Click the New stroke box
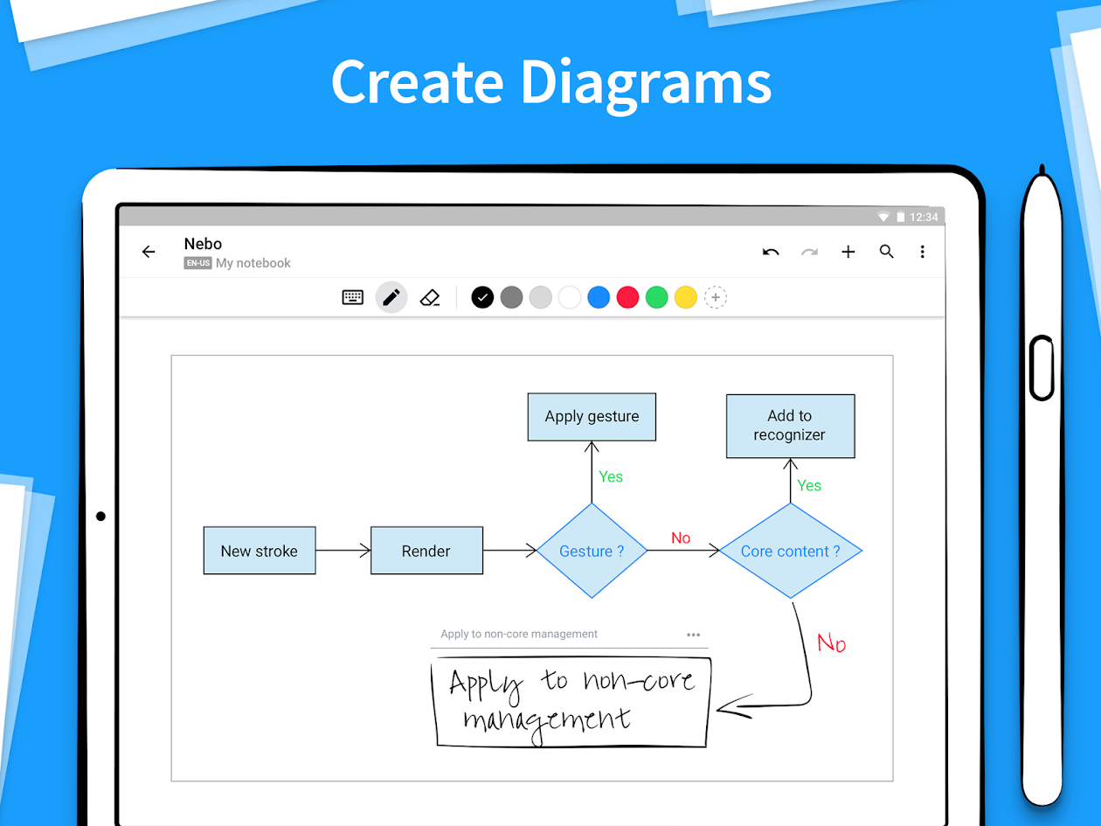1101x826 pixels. pyautogui.click(x=259, y=551)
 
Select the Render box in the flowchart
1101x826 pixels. pyautogui.click(x=426, y=551)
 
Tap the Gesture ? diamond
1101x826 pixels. pyautogui.click(x=592, y=551)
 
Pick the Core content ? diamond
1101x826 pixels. pyautogui.click(x=790, y=551)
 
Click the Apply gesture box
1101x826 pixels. pyautogui.click(x=592, y=417)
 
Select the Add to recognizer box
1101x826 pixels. pyautogui.click(x=790, y=426)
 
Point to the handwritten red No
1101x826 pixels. pyautogui.click(x=831, y=643)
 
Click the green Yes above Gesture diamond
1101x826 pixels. pyautogui.click(x=611, y=476)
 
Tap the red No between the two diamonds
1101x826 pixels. pyautogui.click(x=681, y=538)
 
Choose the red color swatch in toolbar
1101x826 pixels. pyautogui.click(x=627, y=298)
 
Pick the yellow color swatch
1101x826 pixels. pyautogui.click(x=686, y=298)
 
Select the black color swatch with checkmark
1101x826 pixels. pyautogui.click(x=482, y=298)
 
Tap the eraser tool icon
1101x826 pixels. pyautogui.click(x=429, y=298)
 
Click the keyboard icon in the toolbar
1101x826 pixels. pyautogui.click(x=353, y=298)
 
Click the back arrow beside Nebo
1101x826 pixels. pyautogui.click(x=149, y=253)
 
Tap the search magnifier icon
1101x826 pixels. pyautogui.click(x=886, y=252)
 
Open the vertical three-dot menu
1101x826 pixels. pyautogui.click(x=922, y=252)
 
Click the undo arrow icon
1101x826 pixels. pyautogui.click(x=771, y=253)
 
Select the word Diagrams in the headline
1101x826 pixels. pyautogui.click(x=646, y=83)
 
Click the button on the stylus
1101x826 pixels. pyautogui.click(x=1041, y=368)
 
